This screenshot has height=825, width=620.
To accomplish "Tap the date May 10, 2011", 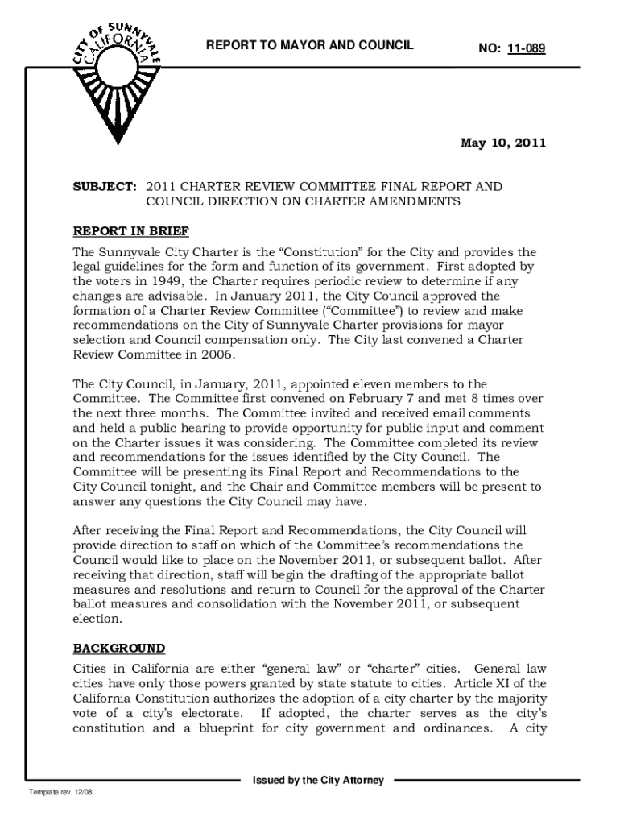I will coord(503,143).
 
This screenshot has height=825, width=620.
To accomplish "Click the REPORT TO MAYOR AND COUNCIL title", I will coord(310,46).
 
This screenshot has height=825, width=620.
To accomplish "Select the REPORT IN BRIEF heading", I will coord(131,232).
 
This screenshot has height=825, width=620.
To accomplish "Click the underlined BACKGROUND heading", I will coord(119,648).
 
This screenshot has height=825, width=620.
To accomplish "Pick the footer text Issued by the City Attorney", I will coord(318,781).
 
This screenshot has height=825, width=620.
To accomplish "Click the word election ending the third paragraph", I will coord(97,620).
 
